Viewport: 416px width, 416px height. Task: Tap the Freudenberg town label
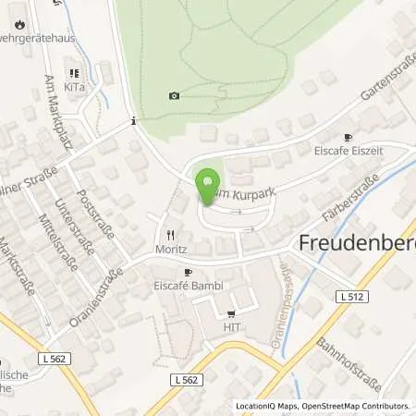(x=357, y=242)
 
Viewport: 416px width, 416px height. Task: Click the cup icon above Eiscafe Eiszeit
(x=349, y=136)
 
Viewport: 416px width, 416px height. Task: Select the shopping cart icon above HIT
(x=231, y=313)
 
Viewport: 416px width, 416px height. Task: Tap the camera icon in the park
(x=174, y=95)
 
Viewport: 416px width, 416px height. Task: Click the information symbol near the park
(x=135, y=120)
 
